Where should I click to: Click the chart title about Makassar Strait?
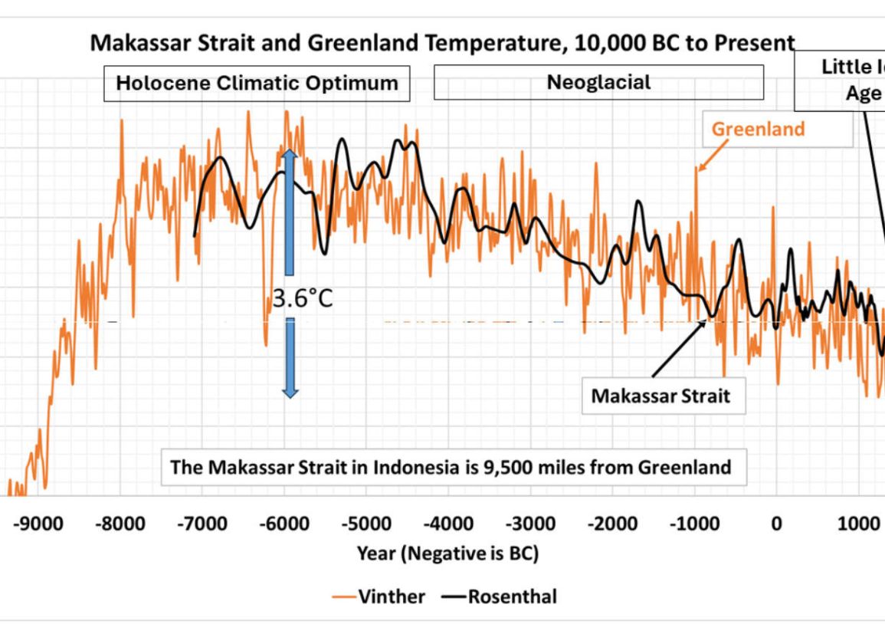(442, 43)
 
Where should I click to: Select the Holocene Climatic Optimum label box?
(257, 83)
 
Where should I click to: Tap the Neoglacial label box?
(598, 82)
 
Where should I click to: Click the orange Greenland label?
(758, 129)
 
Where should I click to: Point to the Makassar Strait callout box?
(660, 396)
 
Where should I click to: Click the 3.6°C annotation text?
(303, 298)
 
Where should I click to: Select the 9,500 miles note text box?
(451, 467)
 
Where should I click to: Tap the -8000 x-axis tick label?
(120, 524)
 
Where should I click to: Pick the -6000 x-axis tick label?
(284, 524)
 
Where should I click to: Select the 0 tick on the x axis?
(776, 524)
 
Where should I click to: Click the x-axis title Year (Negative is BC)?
(447, 554)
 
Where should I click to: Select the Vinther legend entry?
(379, 596)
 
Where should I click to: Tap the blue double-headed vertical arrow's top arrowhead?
(289, 155)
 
